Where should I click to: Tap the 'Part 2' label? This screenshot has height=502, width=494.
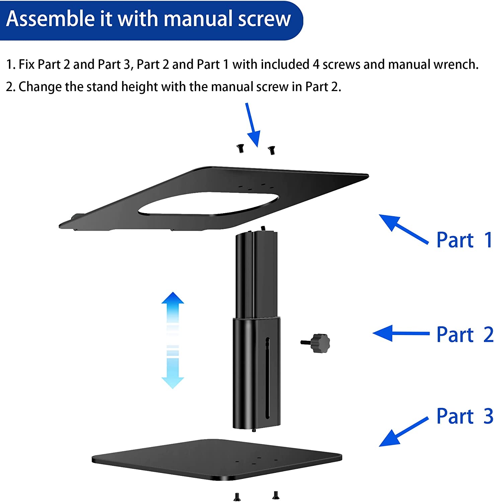[x=465, y=334]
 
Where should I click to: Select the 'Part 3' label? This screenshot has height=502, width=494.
[x=465, y=416]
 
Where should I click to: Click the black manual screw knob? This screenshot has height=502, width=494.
[x=319, y=343]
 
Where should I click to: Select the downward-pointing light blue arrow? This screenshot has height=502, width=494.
[x=173, y=371]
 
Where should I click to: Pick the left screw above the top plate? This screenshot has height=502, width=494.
[x=240, y=148]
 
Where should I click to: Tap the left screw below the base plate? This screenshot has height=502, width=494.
[x=237, y=497]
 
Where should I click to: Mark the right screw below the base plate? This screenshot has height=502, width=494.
[x=276, y=495]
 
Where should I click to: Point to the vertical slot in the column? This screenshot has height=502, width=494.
[x=267, y=378]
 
